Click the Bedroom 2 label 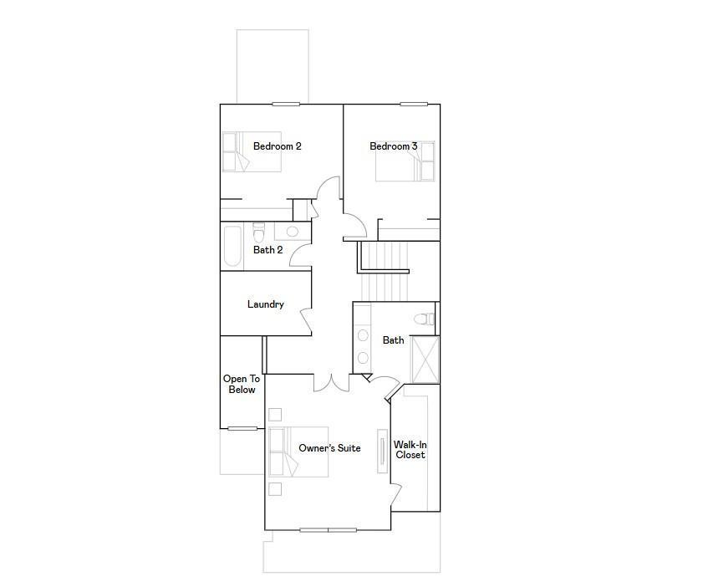click(x=277, y=146)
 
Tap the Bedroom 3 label click(x=394, y=146)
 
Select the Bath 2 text click(x=268, y=250)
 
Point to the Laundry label click(x=266, y=304)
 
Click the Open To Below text click(x=242, y=385)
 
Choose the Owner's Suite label click(x=329, y=448)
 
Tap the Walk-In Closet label click(x=410, y=450)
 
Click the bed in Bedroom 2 click(x=252, y=152)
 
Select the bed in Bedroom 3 click(x=406, y=161)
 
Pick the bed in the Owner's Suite click(x=298, y=452)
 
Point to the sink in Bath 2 click(x=292, y=232)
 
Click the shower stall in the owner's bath click(x=425, y=360)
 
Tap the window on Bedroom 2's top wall click(x=286, y=105)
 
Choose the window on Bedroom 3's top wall click(x=413, y=105)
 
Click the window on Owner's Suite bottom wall click(x=328, y=529)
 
